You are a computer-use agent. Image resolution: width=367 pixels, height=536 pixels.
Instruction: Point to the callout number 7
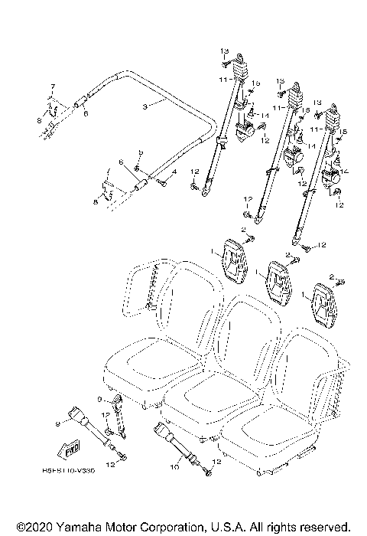click(x=53, y=86)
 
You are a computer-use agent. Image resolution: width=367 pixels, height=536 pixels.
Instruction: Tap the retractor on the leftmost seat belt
click(x=245, y=132)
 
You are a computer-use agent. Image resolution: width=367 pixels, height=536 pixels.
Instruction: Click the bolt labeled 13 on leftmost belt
click(x=225, y=60)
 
